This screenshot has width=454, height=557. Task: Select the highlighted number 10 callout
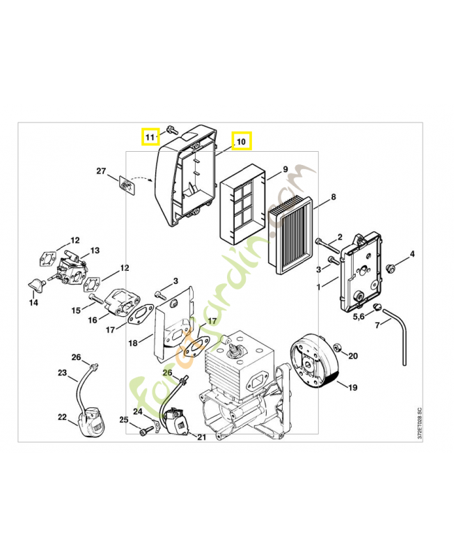241,141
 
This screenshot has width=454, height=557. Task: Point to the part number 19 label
352,387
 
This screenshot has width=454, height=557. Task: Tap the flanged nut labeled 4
391,267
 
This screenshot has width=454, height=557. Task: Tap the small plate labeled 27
125,186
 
